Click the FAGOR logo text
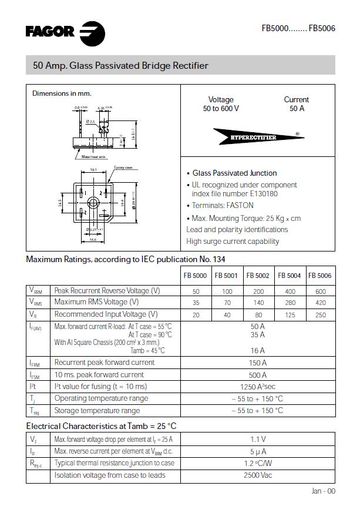click(x=50, y=32)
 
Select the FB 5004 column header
click(x=289, y=276)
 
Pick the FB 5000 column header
click(x=196, y=276)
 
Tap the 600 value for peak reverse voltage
click(x=320, y=291)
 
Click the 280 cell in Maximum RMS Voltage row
click(x=289, y=303)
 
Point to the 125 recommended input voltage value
click(x=289, y=314)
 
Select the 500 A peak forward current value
click(x=258, y=375)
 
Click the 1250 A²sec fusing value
click(x=258, y=387)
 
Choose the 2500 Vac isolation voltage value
click(x=258, y=475)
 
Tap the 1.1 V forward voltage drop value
click(x=258, y=439)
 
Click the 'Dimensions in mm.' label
click(x=62, y=93)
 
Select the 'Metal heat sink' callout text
click(x=93, y=157)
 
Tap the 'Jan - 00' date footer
click(x=323, y=491)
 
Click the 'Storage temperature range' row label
click(x=97, y=411)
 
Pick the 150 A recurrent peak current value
click(x=258, y=363)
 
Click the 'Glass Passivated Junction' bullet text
click(x=234, y=173)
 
